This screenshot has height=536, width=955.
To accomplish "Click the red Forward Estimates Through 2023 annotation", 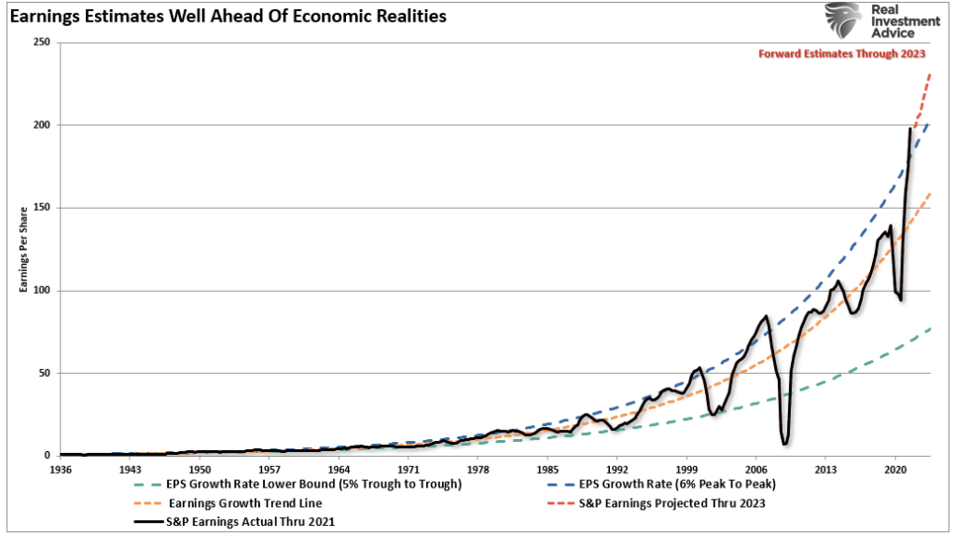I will click(x=841, y=54).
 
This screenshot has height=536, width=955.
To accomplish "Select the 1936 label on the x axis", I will click(x=61, y=470).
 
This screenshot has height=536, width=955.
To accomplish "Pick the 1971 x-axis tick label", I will click(x=408, y=470).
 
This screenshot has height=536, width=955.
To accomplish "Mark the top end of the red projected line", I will click(x=931, y=73).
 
